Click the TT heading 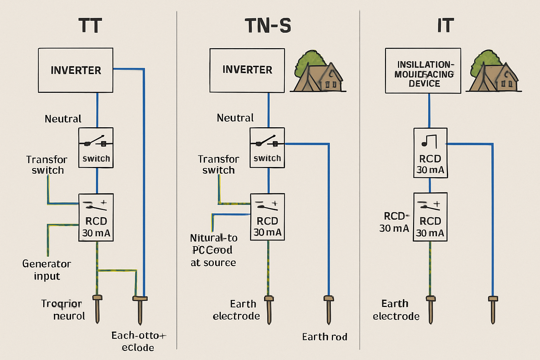[90, 26]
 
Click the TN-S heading [268, 26]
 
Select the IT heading [445, 26]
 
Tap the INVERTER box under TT [76, 70]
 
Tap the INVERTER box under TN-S [247, 70]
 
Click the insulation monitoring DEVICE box [423, 71]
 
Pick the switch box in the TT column [96, 148]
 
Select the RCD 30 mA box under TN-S [267, 217]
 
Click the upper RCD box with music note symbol [430, 153]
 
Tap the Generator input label [46, 270]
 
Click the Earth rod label [324, 337]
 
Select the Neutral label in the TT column [63, 119]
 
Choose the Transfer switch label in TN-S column [218, 165]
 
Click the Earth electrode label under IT [396, 310]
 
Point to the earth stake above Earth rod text [328, 309]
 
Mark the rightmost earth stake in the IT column [493, 309]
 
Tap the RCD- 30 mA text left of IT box [394, 222]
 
